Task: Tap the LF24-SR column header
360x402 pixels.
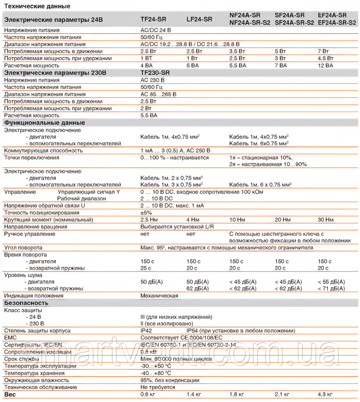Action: pos(199,19)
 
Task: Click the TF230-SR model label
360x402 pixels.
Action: pos(155,73)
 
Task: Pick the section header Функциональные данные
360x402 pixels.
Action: pos(44,122)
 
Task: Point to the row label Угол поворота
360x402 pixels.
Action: pos(23,247)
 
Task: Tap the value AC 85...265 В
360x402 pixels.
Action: pos(158,94)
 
